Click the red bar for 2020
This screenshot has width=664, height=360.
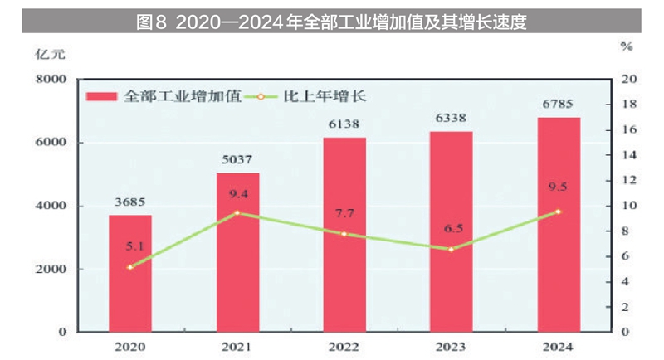click(129, 273)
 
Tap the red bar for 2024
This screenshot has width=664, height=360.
click(558, 224)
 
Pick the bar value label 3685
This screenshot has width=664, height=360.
click(129, 202)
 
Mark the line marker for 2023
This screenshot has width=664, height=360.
click(451, 249)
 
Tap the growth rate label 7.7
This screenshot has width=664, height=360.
click(344, 214)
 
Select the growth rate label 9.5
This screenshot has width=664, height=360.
click(558, 187)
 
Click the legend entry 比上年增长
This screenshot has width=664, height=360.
click(325, 95)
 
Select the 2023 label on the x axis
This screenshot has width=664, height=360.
click(451, 346)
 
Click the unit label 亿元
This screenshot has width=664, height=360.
click(47, 54)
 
